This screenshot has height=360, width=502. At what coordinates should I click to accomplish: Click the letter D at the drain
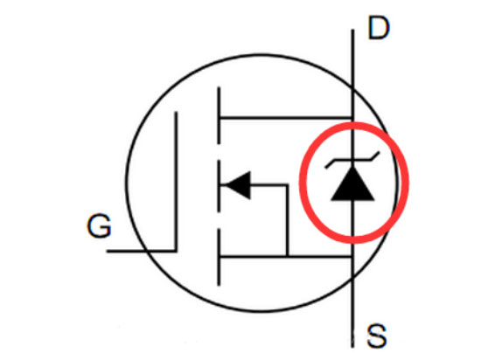[379, 29]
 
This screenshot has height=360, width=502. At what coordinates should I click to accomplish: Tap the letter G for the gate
[99, 225]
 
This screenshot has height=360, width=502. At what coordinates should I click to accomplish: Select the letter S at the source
[376, 336]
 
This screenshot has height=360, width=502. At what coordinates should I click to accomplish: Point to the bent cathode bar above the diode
[352, 160]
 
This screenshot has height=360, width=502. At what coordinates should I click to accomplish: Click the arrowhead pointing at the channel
[238, 185]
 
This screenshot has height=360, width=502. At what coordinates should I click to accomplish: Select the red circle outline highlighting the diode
[300, 183]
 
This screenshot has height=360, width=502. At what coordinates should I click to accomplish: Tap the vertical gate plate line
[176, 182]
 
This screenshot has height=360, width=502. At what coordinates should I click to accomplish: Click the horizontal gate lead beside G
[141, 251]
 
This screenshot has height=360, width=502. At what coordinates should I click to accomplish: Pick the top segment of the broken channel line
[219, 115]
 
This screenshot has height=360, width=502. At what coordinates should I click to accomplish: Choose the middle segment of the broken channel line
[219, 186]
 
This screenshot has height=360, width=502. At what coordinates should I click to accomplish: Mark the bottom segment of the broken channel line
[219, 257]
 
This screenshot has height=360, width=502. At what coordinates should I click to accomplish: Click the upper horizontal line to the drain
[286, 119]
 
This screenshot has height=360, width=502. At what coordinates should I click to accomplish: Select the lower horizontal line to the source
[286, 256]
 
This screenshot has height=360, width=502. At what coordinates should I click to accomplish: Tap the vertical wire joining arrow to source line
[287, 220]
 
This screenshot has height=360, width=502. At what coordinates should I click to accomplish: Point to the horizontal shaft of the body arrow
[268, 185]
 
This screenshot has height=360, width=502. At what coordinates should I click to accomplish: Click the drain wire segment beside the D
[352, 42]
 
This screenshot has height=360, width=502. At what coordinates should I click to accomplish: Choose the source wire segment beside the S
[352, 328]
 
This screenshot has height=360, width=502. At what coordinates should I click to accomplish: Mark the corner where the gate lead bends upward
[176, 251]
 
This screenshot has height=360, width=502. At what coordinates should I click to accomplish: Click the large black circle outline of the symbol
[127, 183]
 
